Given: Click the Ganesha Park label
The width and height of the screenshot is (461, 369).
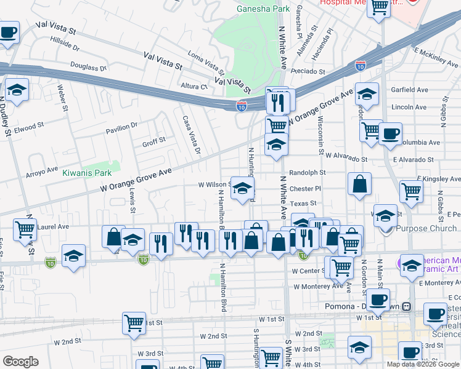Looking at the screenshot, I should pyautogui.click(x=263, y=9).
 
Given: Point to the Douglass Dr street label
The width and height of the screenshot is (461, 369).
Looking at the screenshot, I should pyautogui.click(x=88, y=66).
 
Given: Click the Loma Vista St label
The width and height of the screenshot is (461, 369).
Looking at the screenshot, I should pyautogui.click(x=206, y=61).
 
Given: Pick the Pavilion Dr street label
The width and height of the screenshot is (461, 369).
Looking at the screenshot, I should pyautogui.click(x=122, y=127).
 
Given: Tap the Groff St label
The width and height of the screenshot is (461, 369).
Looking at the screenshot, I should pyautogui.click(x=154, y=141).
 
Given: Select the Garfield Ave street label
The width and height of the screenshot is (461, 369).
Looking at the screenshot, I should pyautogui.click(x=410, y=90).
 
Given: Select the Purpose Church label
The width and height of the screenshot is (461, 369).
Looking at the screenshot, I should pyautogui.click(x=426, y=229).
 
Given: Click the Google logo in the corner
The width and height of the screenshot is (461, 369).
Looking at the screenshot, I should pyautogui.click(x=20, y=361).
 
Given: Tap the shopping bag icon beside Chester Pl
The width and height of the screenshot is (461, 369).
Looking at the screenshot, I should pyautogui.click(x=359, y=184).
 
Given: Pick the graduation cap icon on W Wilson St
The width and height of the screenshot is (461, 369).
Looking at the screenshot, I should pyautogui.click(x=243, y=188).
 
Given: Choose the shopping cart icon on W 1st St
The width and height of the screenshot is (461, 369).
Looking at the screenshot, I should pyautogui.click(x=134, y=323).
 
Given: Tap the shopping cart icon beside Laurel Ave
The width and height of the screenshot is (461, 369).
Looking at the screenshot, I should pyautogui.click(x=25, y=229).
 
